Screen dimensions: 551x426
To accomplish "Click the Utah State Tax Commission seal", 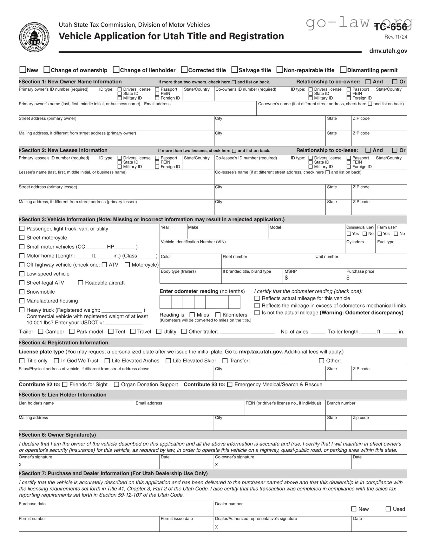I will [34, 37].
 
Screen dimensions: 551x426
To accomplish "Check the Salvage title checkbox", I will [235, 70].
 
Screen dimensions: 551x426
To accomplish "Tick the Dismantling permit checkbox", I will [343, 70].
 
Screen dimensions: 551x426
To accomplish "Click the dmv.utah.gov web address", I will [388, 51].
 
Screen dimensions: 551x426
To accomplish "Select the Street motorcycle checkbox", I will [22, 237].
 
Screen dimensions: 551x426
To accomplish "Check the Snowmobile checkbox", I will [22, 292].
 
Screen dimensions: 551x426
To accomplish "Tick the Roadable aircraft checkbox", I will [81, 283].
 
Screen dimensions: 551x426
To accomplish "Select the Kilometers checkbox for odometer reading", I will [218, 315].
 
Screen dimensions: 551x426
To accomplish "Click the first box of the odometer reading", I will [165, 302].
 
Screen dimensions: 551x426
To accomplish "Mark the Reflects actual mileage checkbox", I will [257, 298].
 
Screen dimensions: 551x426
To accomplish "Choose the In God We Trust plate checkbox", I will [56, 361].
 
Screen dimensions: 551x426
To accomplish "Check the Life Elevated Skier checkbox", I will [168, 361].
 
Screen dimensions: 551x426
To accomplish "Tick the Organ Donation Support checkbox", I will [116, 385].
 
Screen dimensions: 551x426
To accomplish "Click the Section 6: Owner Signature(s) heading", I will [59, 435].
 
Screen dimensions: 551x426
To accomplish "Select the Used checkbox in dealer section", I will [388, 509].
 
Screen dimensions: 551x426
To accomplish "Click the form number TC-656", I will [390, 27].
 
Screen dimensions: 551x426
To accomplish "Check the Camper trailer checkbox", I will [41, 332].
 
